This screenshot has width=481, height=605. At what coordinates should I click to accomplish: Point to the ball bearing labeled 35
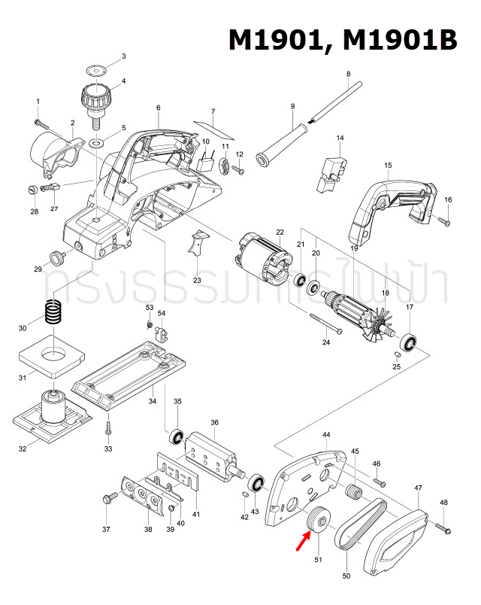[177, 436]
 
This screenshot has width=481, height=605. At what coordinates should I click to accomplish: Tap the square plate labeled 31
[48, 354]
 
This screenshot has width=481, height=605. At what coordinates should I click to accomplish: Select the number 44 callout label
[326, 436]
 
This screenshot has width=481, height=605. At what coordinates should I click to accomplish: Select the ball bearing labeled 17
[410, 342]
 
